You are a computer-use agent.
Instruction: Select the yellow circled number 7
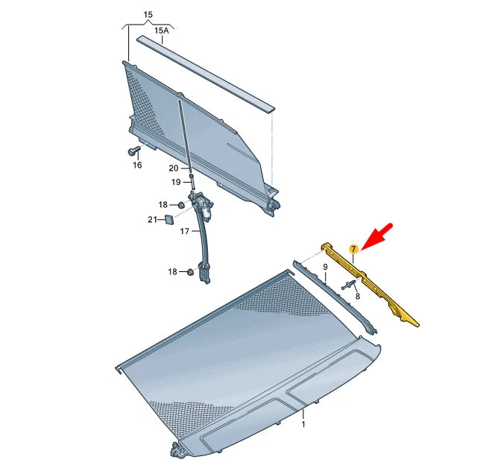(355, 248)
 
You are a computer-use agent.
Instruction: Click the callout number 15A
(162, 31)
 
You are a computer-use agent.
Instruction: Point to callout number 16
(136, 165)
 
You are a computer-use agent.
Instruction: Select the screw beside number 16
(135, 151)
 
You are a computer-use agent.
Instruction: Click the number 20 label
(173, 168)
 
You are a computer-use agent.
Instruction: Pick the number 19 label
(176, 182)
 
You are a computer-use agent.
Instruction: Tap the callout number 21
(152, 219)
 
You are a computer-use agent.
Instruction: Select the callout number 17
(185, 231)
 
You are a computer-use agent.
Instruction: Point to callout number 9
(325, 266)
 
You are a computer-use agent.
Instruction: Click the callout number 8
(357, 296)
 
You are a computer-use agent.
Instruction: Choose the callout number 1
(303, 424)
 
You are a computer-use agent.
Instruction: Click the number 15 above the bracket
(148, 14)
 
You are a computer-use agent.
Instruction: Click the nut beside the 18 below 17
(190, 272)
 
